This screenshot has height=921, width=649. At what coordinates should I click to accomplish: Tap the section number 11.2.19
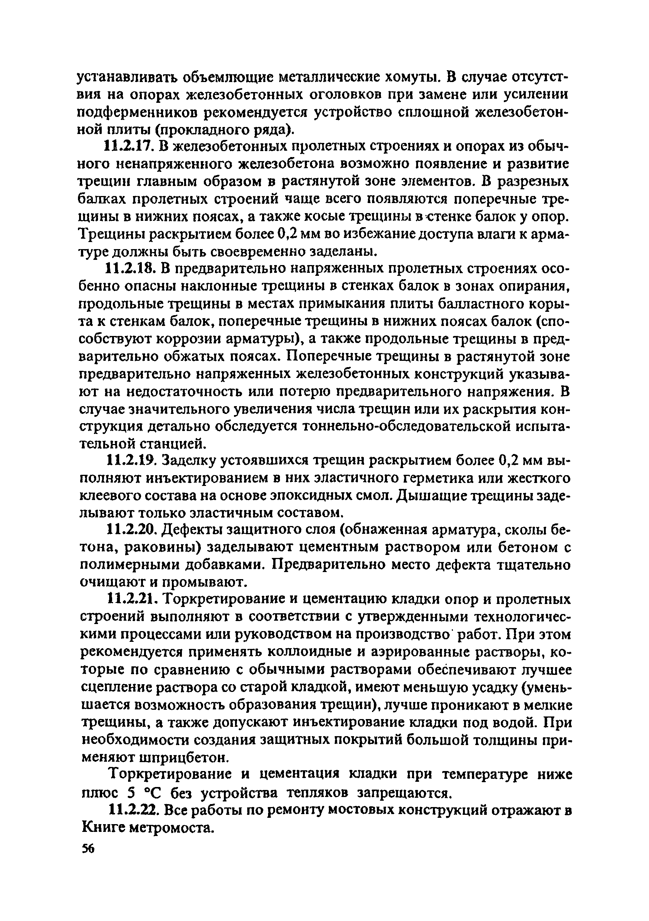pos(130,461)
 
